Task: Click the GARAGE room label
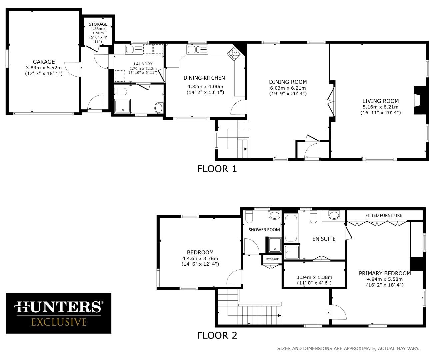[x=44, y=62]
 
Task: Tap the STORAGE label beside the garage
[x=98, y=24]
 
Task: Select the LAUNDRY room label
[x=143, y=64]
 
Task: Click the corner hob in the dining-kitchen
[x=234, y=54]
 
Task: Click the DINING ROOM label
[x=288, y=82]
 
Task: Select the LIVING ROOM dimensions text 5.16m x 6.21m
[x=380, y=107]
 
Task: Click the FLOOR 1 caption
[x=217, y=169]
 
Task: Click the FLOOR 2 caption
[x=217, y=335]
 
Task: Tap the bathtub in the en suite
[x=291, y=228]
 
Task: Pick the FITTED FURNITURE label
[x=383, y=215]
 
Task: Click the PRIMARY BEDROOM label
[x=385, y=273]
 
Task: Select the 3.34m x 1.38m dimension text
[x=314, y=277]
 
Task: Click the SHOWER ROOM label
[x=264, y=230]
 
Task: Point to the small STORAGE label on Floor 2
[x=272, y=259]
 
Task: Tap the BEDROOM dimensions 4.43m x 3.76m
[x=200, y=258]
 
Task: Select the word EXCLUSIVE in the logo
[x=59, y=322]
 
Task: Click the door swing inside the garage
[x=71, y=69]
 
